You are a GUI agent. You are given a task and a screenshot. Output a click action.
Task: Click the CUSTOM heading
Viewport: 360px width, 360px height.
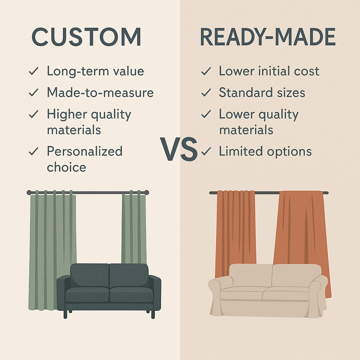coord(86,37)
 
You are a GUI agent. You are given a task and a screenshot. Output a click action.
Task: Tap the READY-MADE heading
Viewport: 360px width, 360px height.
coord(268,37)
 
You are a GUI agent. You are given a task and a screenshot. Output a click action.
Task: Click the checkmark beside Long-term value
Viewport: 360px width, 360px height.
coord(34,72)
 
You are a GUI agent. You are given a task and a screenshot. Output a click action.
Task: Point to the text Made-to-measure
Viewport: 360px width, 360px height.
coord(100,93)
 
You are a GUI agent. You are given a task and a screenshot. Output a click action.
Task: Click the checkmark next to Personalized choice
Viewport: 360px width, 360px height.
coord(34,152)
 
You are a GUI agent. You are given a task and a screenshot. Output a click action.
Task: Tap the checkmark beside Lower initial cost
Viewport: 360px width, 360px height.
coord(206,72)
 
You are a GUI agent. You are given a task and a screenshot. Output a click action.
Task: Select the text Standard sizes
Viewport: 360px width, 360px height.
coord(262,93)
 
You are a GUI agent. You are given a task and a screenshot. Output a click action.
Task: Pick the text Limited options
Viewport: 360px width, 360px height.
coord(265,152)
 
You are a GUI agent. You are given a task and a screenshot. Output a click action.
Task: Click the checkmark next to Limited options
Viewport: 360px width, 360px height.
coord(206,152)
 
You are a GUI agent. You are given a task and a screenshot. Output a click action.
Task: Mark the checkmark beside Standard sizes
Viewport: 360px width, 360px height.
coord(206,93)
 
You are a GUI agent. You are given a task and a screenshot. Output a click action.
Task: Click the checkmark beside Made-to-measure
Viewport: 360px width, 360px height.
coord(34,93)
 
